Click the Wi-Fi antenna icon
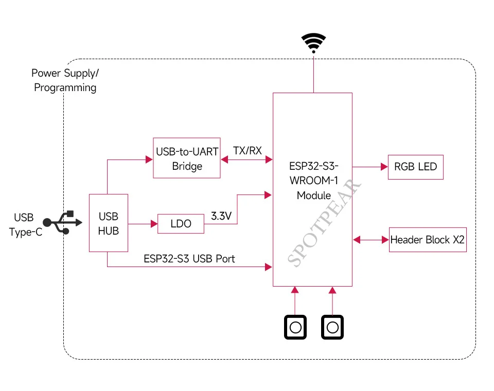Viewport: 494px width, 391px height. [313, 43]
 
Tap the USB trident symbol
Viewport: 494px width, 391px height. [62, 222]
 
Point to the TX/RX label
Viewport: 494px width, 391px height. [248, 151]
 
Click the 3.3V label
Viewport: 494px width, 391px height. [221, 216]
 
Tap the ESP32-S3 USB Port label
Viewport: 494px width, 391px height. [189, 259]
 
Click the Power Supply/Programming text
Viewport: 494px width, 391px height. [65, 80]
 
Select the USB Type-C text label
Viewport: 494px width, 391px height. [25, 225]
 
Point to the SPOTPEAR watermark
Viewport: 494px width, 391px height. [324, 223]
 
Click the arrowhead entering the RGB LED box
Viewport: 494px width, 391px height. [384, 167]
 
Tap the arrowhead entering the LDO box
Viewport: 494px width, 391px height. [154, 224]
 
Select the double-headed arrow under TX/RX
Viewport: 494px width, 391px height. [246, 159]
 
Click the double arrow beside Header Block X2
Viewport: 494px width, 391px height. [371, 240]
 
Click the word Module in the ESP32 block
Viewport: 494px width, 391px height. [314, 195]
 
